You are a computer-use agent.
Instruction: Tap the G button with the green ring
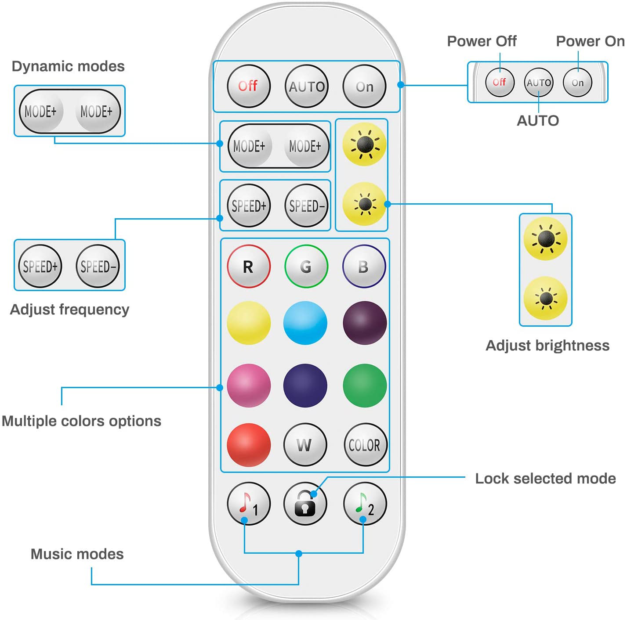tap(306, 266)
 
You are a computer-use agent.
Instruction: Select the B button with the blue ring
tap(364, 266)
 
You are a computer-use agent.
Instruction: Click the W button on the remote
tap(305, 444)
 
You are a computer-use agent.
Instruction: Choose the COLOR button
tap(365, 444)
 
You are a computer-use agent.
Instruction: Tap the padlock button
tap(305, 504)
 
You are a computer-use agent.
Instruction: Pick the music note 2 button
tap(365, 504)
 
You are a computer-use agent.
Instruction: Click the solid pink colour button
tap(249, 386)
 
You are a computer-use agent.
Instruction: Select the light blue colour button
tap(305, 323)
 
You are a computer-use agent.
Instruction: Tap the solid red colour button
tap(249, 444)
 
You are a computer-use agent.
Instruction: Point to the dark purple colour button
tap(365, 323)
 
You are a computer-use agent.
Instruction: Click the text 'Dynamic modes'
tap(68, 66)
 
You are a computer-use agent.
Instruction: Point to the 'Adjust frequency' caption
tap(69, 310)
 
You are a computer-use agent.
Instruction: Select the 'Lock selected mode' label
tap(545, 478)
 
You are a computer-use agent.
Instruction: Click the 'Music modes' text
tap(77, 554)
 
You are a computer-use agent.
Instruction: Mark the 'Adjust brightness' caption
tap(547, 346)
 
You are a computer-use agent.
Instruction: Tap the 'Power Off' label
tap(482, 41)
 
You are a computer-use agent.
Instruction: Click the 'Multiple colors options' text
tap(81, 421)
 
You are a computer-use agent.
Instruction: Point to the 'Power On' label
tap(590, 41)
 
